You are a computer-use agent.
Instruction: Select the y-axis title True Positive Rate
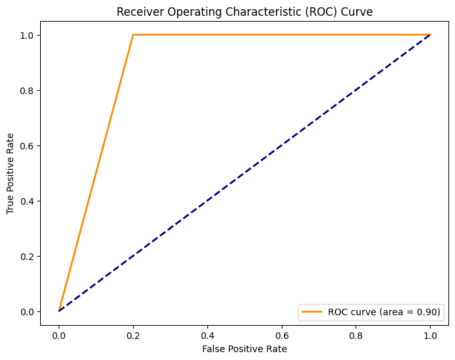(x=11, y=172)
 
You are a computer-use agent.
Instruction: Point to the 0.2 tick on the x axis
(x=133, y=334)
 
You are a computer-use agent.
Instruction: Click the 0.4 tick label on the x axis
(x=207, y=334)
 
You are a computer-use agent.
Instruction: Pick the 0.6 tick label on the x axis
(x=281, y=334)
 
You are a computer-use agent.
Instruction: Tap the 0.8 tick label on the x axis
(x=356, y=334)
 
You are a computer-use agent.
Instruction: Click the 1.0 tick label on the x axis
(x=430, y=334)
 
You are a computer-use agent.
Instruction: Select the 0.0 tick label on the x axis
(x=59, y=334)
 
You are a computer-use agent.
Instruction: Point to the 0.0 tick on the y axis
(x=27, y=311)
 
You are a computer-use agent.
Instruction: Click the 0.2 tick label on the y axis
(x=27, y=256)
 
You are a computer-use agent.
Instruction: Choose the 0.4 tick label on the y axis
(x=27, y=201)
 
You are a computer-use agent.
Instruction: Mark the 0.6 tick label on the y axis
(x=27, y=145)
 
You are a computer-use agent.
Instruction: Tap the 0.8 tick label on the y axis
(x=27, y=90)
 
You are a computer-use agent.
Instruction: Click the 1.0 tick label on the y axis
(x=27, y=35)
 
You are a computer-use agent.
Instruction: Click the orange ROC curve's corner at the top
(x=133, y=35)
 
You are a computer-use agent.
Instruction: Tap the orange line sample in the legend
(x=313, y=313)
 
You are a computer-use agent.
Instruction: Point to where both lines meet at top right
(x=430, y=35)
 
